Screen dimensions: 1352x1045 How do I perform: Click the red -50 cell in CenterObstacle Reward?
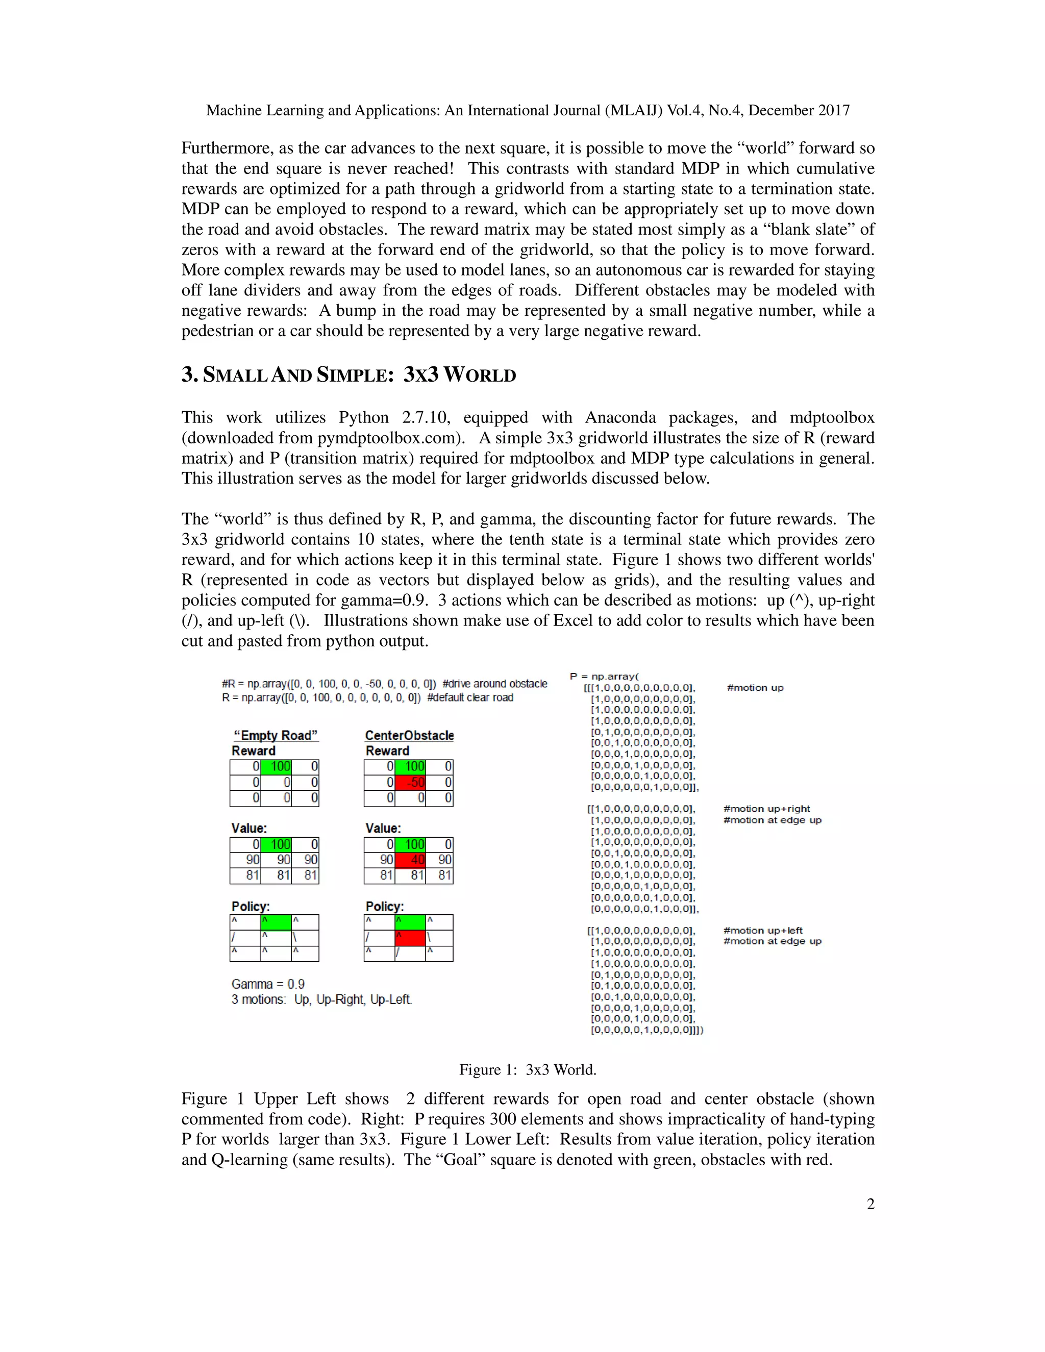pyautogui.click(x=410, y=782)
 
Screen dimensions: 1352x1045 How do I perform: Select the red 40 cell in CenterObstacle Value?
pyautogui.click(x=410, y=860)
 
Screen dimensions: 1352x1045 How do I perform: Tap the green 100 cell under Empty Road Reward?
pyautogui.click(x=276, y=766)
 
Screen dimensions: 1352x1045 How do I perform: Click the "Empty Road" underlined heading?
pyautogui.click(x=276, y=735)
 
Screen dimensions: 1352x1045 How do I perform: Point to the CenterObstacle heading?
pyautogui.click(x=409, y=735)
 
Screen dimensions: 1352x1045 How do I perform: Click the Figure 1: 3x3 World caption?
pyautogui.click(x=528, y=1070)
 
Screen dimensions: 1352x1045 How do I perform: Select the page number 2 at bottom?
pyautogui.click(x=870, y=1204)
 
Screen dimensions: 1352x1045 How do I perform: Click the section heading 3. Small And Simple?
pyautogui.click(x=349, y=374)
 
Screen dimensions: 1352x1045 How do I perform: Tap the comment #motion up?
pyautogui.click(x=755, y=688)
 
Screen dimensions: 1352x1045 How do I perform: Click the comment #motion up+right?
pyautogui.click(x=766, y=809)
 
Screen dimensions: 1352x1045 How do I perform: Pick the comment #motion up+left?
pyautogui.click(x=763, y=931)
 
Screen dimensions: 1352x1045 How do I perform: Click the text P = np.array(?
pyautogui.click(x=604, y=676)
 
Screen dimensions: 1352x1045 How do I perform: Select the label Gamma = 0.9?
pyautogui.click(x=268, y=984)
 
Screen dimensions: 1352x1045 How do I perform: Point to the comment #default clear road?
pyautogui.click(x=470, y=697)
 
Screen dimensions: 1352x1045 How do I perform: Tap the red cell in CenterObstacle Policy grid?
pyautogui.click(x=410, y=938)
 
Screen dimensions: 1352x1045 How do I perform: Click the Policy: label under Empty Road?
pyautogui.click(x=251, y=906)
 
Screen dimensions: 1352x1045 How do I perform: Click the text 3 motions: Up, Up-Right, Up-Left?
pyautogui.click(x=322, y=999)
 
